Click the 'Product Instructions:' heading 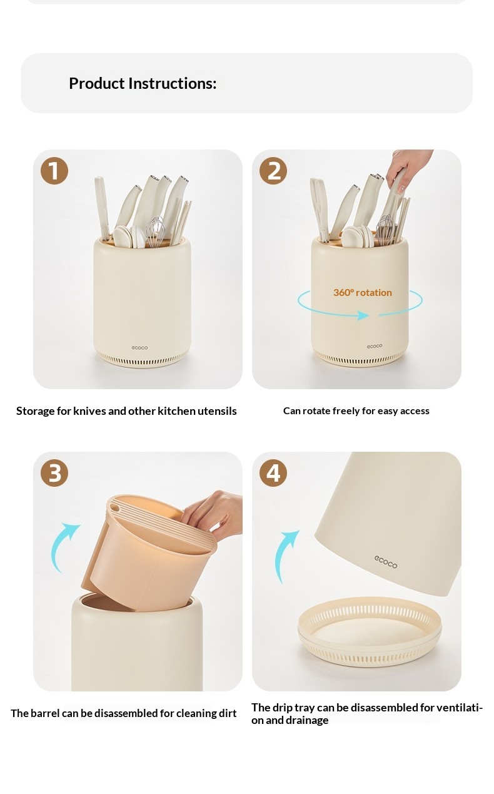coord(143,83)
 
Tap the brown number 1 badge coord(54,170)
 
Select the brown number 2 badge coord(273,170)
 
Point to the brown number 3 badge coord(54,473)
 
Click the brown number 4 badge coord(273,473)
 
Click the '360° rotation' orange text coord(363,292)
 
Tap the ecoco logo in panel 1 coord(139,348)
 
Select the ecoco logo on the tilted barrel coord(386,561)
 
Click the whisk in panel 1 coord(155,232)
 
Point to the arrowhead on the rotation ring coord(363,315)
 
